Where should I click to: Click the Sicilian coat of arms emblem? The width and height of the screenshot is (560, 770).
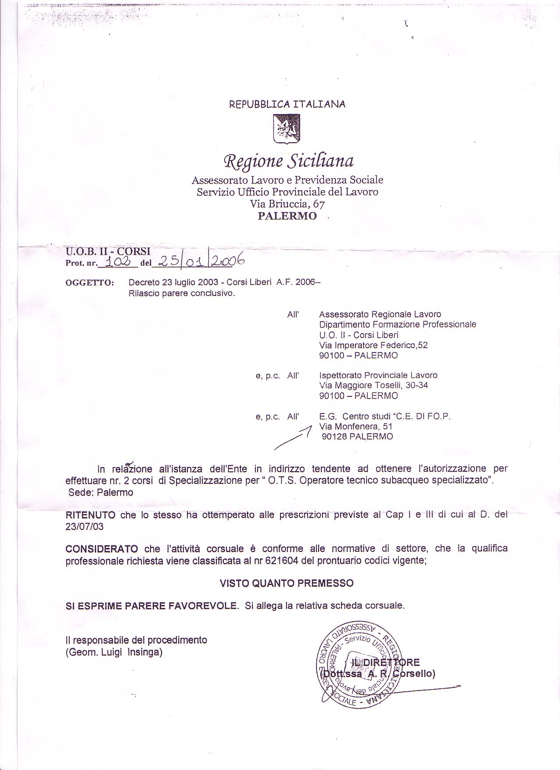click(287, 128)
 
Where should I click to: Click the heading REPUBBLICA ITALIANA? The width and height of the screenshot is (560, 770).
click(287, 104)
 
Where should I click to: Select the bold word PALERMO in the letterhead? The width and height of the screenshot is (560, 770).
click(287, 216)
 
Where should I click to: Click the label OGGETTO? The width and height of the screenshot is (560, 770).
click(90, 283)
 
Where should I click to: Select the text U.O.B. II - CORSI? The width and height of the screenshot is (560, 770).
click(108, 252)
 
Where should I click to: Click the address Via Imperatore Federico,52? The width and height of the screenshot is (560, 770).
click(373, 345)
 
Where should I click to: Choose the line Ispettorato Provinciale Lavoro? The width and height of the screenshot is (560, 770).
click(378, 375)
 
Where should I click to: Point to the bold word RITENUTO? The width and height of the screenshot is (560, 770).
click(90, 515)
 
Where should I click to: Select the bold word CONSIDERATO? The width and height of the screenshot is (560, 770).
click(101, 549)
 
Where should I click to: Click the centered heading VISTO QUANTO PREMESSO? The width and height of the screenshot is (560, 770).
click(286, 583)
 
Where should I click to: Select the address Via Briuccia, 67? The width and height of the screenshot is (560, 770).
click(287, 204)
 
